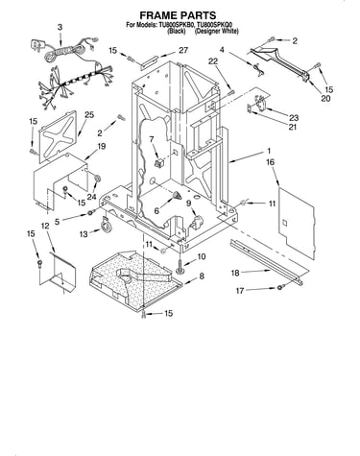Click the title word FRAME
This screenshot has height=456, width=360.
point(157,15)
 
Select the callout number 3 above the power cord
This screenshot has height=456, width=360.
point(60,28)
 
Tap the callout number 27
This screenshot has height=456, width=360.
point(183,50)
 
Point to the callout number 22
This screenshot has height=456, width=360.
point(213,61)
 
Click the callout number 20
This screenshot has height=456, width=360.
point(325,99)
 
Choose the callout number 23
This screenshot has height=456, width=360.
point(294,118)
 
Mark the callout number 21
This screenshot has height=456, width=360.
point(292,127)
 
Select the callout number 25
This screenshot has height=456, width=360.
point(89,114)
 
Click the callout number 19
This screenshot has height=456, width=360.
point(101,147)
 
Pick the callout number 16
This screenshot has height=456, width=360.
point(270,162)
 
